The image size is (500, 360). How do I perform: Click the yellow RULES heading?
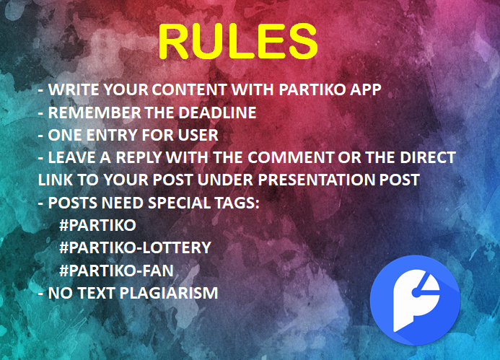coord(238,41)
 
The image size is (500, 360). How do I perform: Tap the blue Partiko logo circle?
coord(415,300)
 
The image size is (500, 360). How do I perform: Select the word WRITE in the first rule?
coord(74,89)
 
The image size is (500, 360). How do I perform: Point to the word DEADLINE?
coord(217,113)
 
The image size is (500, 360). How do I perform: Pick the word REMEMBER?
coord(95,113)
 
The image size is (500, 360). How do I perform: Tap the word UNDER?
coord(226,180)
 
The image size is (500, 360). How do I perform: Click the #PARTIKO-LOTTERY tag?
coord(135,247)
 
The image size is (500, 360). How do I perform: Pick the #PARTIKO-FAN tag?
coord(116,271)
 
